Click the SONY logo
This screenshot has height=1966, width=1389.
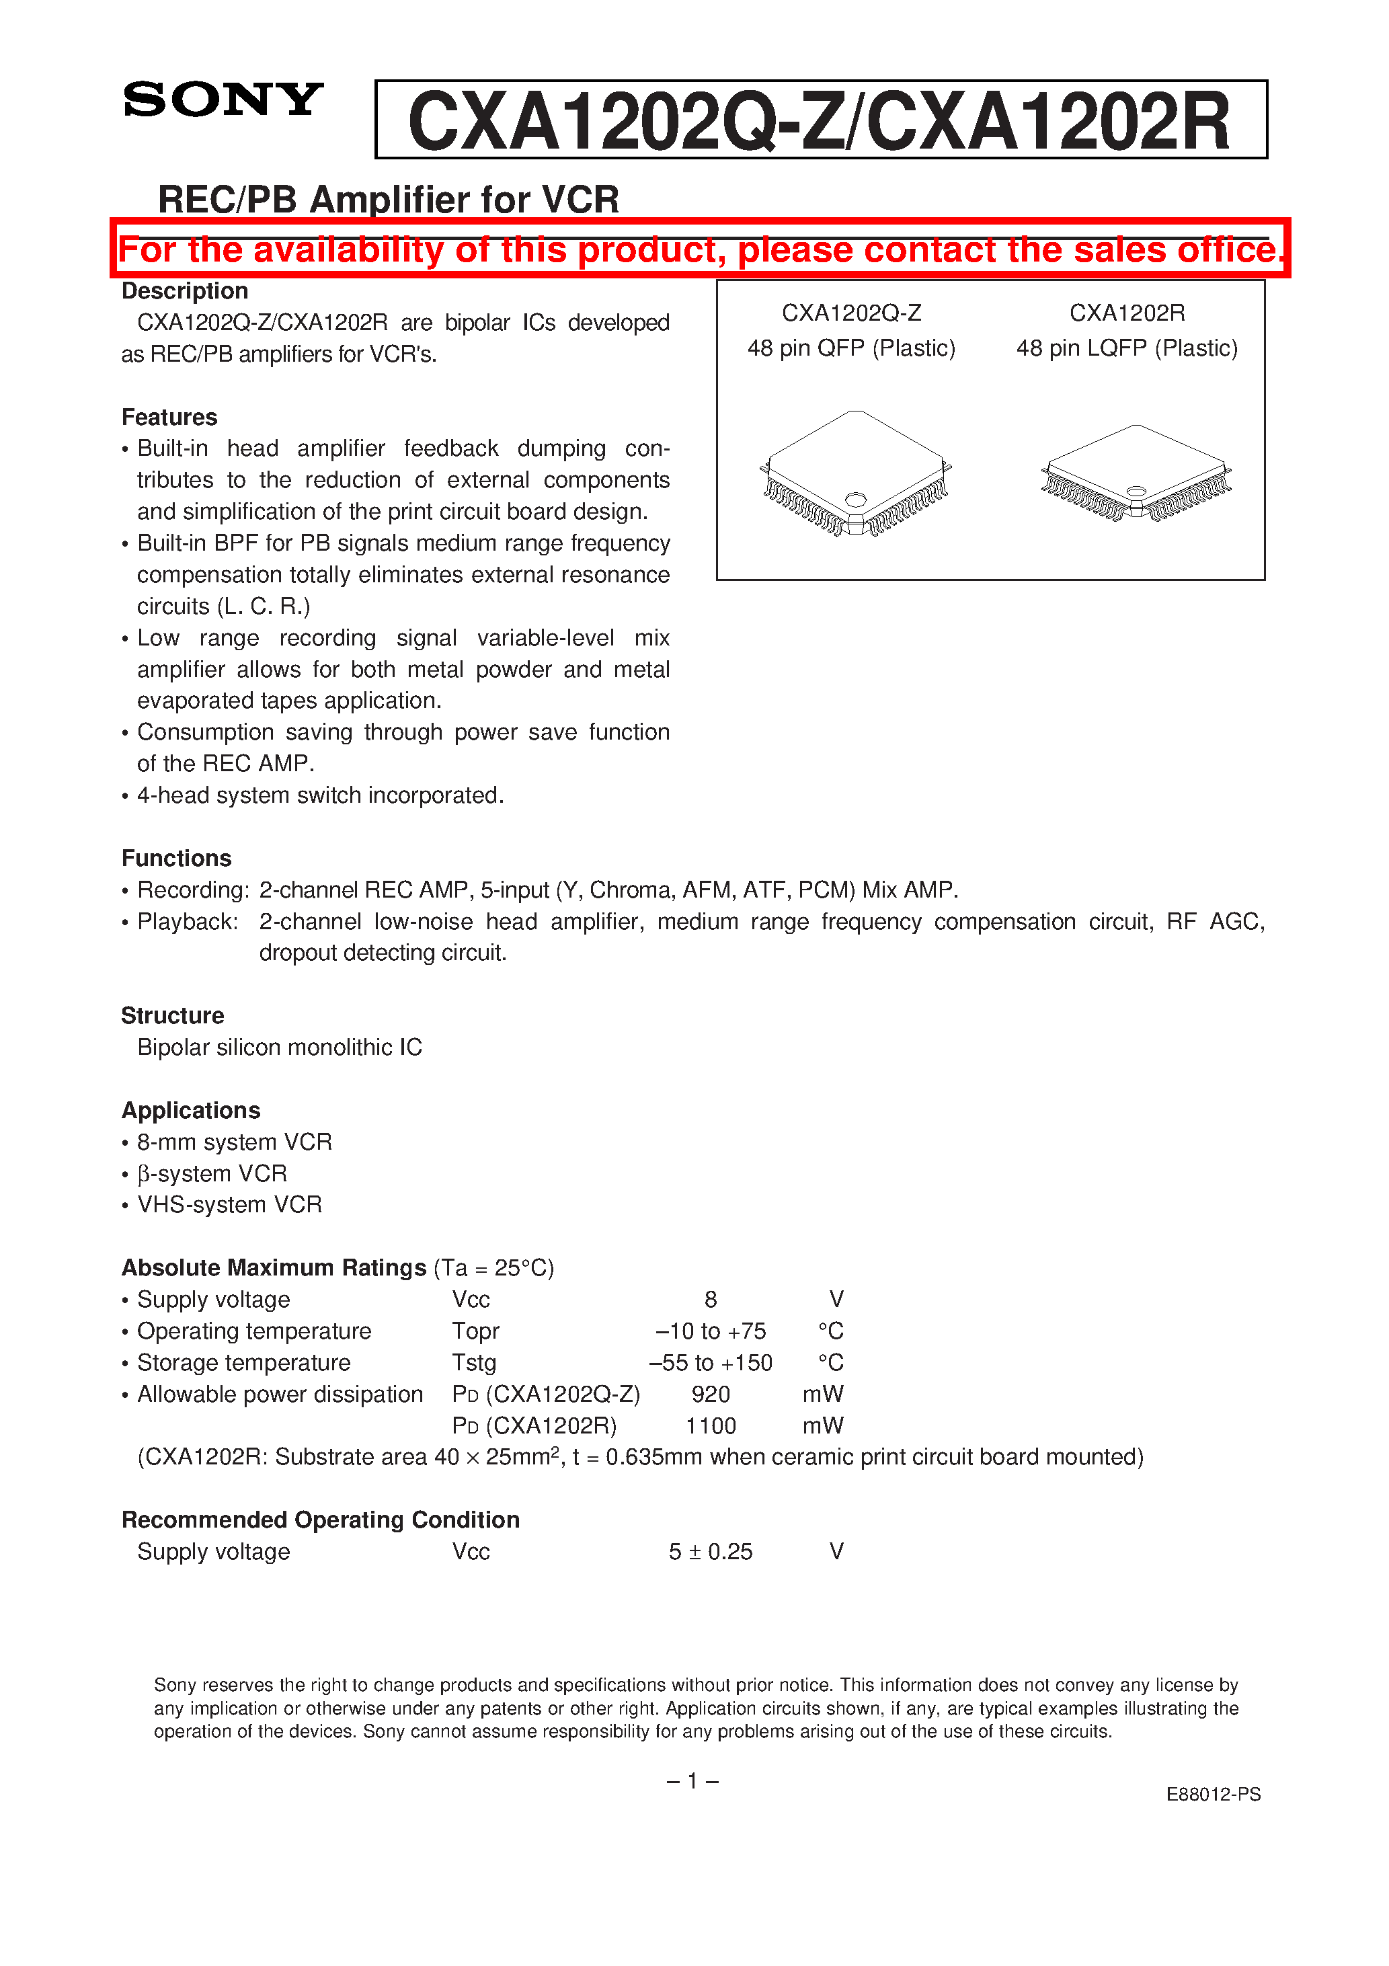click(x=223, y=100)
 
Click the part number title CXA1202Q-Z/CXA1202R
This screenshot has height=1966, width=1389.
click(x=820, y=121)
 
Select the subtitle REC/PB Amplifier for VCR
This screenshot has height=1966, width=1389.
click(x=388, y=200)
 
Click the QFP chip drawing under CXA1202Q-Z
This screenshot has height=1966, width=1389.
click(x=855, y=473)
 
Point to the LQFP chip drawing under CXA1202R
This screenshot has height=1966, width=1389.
click(x=1136, y=473)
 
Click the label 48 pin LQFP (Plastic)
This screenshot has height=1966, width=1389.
click(x=1126, y=348)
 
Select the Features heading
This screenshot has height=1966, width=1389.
click(x=169, y=417)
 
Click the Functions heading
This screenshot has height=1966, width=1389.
click(x=176, y=858)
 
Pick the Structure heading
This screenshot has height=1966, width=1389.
click(x=172, y=1015)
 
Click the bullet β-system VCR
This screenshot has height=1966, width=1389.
click(x=212, y=1173)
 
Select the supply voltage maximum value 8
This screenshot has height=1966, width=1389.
click(x=710, y=1300)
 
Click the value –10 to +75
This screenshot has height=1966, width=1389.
click(x=710, y=1331)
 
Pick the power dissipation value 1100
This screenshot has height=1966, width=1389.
click(x=710, y=1425)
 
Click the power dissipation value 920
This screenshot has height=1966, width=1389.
click(x=710, y=1394)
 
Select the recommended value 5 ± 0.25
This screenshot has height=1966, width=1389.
click(x=710, y=1552)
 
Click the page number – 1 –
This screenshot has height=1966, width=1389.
click(x=692, y=1781)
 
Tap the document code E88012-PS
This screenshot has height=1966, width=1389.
click(x=1213, y=1794)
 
